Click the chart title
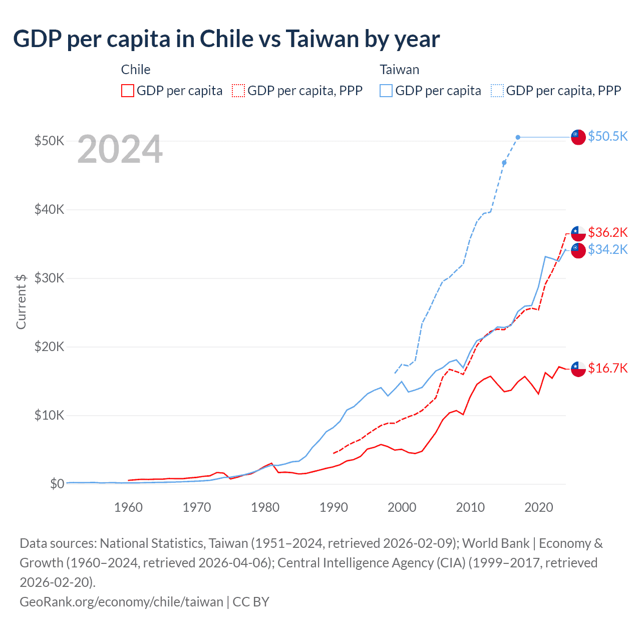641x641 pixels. pyautogui.click(x=226, y=39)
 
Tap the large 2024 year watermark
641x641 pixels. pyautogui.click(x=120, y=149)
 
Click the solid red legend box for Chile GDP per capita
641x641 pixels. pyautogui.click(x=128, y=91)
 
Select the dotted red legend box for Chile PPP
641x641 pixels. pyautogui.click(x=238, y=91)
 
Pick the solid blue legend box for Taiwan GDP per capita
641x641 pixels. pyautogui.click(x=386, y=91)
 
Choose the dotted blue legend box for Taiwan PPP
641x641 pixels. pyautogui.click(x=497, y=91)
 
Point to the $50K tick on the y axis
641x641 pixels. pyautogui.click(x=49, y=141)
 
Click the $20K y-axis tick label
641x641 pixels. pyautogui.click(x=49, y=347)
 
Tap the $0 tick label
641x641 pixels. pyautogui.click(x=57, y=484)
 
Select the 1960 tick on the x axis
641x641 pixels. pyautogui.click(x=128, y=507)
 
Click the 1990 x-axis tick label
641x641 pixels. pyautogui.click(x=334, y=507)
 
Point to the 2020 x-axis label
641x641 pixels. pyautogui.click(x=538, y=507)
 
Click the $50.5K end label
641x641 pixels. pyautogui.click(x=607, y=136)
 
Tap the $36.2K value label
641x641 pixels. pyautogui.click(x=607, y=232)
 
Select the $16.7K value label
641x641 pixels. pyautogui.click(x=607, y=369)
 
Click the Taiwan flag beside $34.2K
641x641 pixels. pyautogui.click(x=578, y=250)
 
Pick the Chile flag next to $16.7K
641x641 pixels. pyautogui.click(x=578, y=369)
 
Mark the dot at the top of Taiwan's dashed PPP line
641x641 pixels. pyautogui.click(x=518, y=137)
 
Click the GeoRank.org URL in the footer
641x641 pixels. pyautogui.click(x=121, y=601)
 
